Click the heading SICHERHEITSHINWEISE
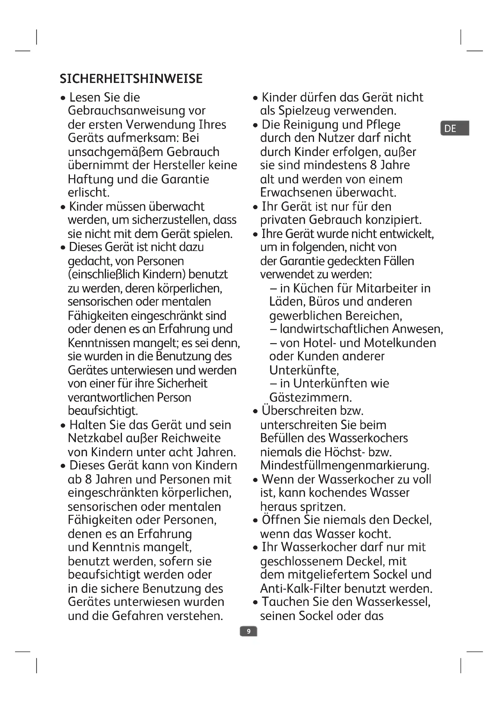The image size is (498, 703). click(131, 79)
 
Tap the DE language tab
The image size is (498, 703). click(454, 128)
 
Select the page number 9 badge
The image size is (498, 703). click(248, 631)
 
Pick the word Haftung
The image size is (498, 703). click(91, 179)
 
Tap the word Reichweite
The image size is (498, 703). click(191, 438)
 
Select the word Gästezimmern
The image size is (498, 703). click(310, 397)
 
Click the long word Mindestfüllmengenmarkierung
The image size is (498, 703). click(345, 465)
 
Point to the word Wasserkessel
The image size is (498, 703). click(393, 602)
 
